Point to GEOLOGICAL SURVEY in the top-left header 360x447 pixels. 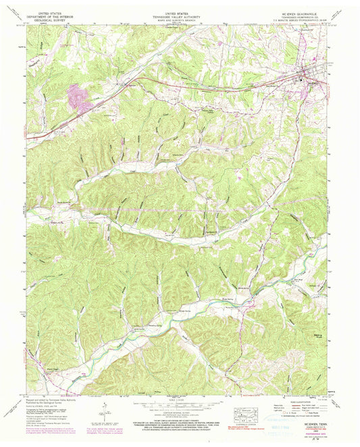[x=53, y=19]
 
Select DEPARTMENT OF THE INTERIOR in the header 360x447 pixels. [x=53, y=16]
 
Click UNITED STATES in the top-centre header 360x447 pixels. [x=180, y=12]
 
